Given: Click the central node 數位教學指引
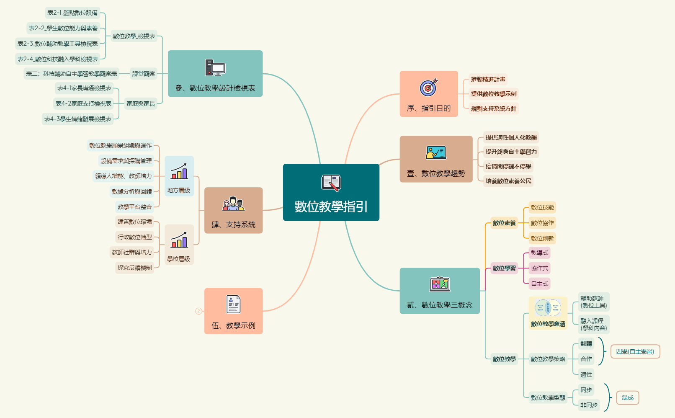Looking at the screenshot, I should [331, 193].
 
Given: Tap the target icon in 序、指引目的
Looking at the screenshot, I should [428, 87].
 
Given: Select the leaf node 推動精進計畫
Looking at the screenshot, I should [488, 80].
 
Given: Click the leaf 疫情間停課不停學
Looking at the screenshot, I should [508, 166].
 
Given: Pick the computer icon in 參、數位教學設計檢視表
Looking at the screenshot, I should [215, 67].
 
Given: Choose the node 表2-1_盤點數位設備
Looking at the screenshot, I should [72, 13].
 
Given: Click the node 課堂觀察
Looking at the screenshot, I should [144, 74].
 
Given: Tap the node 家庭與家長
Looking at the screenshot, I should [141, 103].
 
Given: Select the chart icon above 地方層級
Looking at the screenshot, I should [179, 171].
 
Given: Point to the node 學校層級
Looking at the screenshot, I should [179, 259].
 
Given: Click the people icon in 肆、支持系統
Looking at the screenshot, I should [233, 204].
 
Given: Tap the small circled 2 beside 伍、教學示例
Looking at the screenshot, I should [198, 311].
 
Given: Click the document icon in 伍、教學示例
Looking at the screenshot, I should [233, 304].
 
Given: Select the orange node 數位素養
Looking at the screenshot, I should [504, 223].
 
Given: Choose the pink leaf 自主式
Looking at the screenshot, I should [539, 284].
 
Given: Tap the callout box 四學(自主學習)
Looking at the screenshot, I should [635, 351].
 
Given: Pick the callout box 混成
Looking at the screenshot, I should [627, 397].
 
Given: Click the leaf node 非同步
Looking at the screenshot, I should [589, 405].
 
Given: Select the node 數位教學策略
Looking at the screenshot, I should [548, 359].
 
